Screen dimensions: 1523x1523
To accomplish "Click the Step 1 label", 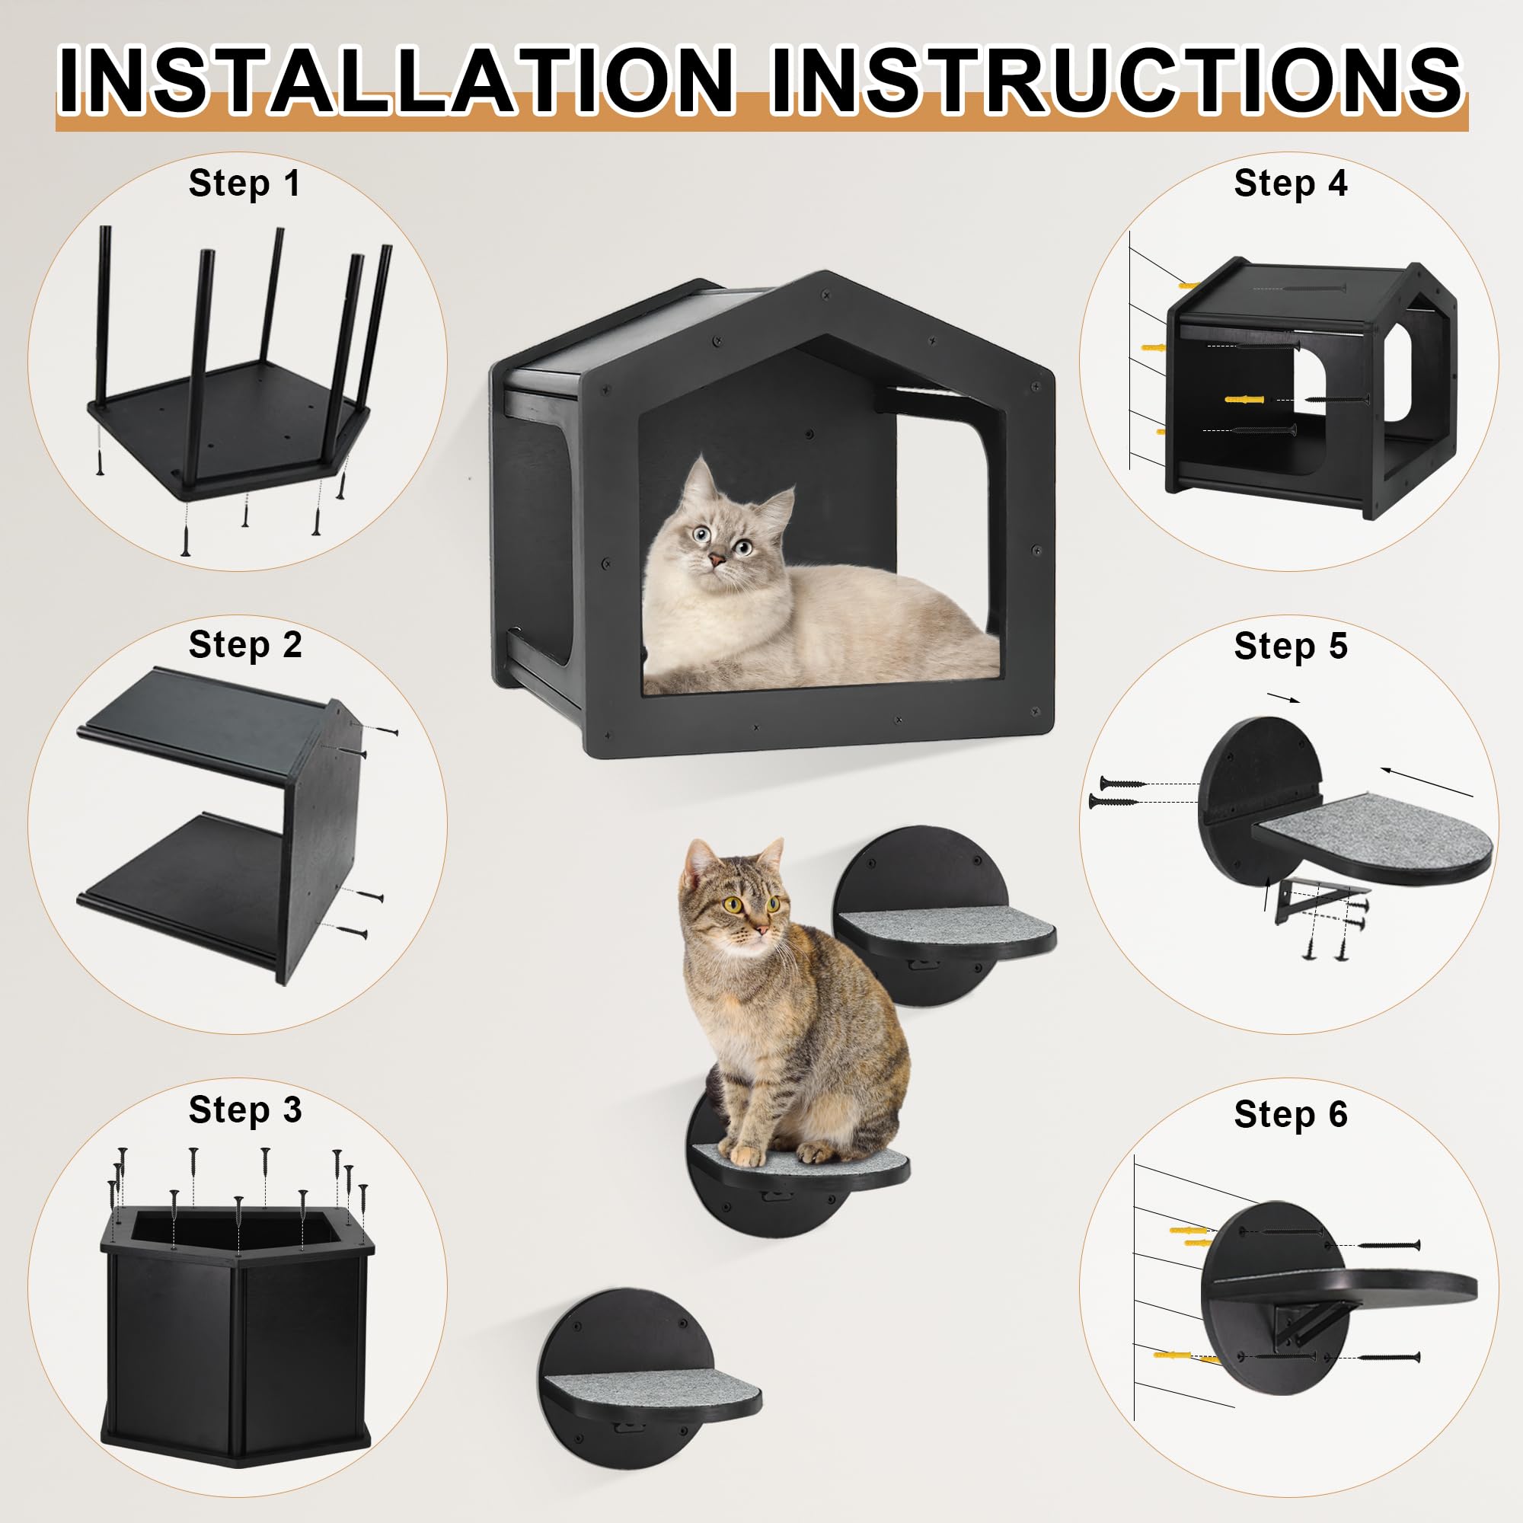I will tap(244, 184).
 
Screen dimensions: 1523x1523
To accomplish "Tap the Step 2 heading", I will tap(245, 646).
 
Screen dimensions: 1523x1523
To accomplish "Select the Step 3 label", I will tap(245, 1110).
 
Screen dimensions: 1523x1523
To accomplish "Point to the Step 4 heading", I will tap(1291, 184).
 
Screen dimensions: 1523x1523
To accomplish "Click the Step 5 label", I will tap(1291, 646).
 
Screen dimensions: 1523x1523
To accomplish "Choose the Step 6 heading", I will tap(1291, 1115).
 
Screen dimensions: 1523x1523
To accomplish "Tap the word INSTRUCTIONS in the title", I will tap(1115, 81).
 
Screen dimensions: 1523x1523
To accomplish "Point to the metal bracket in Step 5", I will tap(1304, 899).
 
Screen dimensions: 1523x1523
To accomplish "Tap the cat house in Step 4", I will tap(1308, 386).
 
